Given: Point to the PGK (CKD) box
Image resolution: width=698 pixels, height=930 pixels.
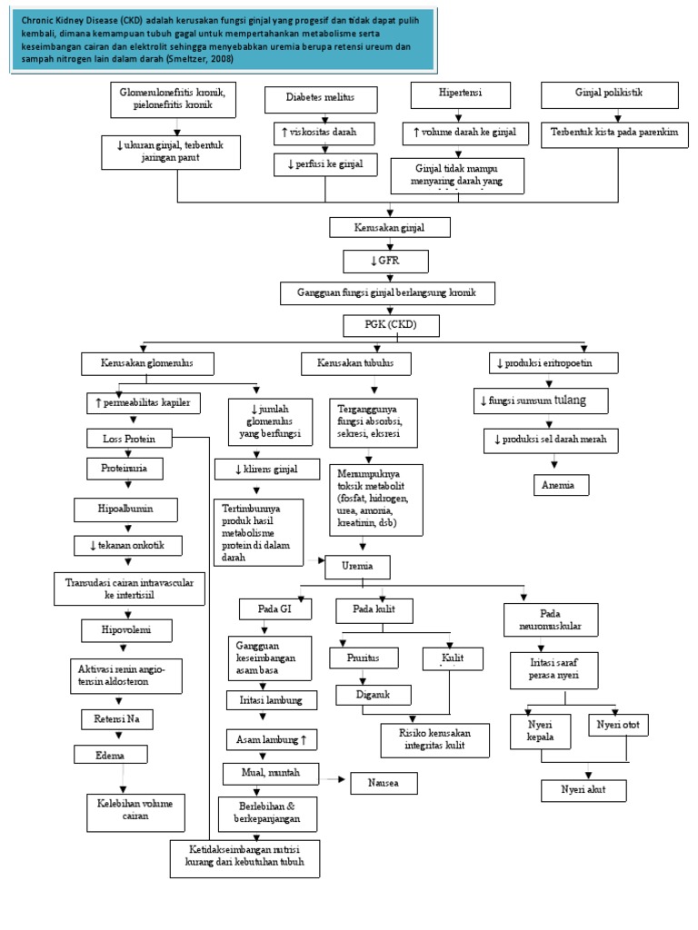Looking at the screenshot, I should click(x=392, y=324).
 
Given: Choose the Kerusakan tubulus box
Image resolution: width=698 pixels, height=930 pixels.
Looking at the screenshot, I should click(x=355, y=363).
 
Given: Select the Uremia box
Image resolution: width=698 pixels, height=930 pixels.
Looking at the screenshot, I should click(x=356, y=567).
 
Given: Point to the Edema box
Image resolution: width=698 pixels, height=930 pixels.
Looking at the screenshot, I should click(x=110, y=755).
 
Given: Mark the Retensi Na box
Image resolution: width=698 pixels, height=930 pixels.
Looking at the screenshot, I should click(x=114, y=719).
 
